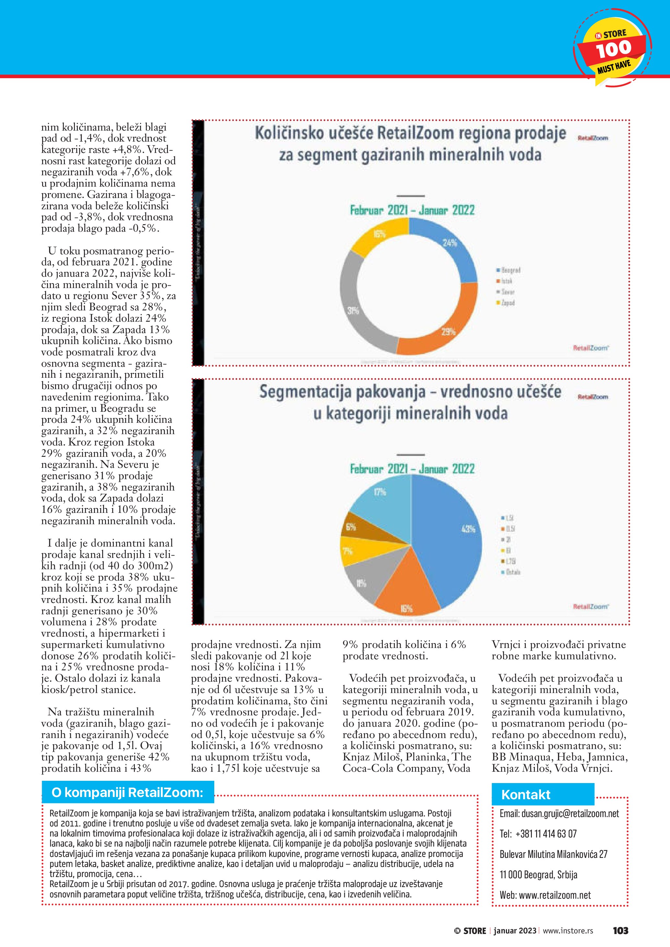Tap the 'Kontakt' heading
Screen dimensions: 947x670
tap(526, 795)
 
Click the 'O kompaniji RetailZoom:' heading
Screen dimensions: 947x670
tap(127, 792)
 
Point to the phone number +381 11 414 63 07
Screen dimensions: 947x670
tap(546, 834)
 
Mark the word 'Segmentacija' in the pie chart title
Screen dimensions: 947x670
tap(305, 392)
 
